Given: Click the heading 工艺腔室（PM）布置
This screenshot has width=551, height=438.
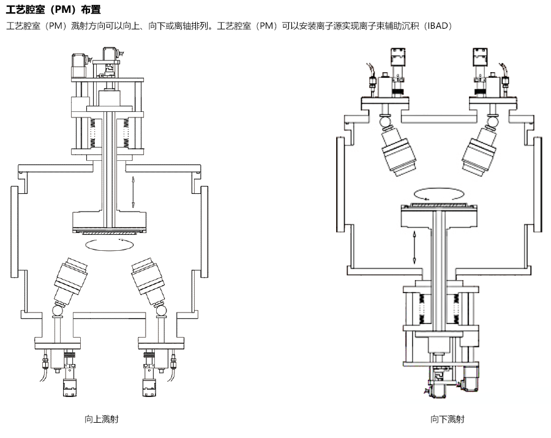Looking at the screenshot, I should click(54, 10).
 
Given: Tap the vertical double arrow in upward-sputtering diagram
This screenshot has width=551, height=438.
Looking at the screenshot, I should click(133, 192).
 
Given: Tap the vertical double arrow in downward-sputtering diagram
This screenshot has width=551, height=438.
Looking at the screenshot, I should click(414, 247).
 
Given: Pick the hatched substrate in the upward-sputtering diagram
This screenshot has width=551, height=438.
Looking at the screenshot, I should click(110, 232).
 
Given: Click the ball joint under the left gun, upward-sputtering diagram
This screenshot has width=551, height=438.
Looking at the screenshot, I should click(58, 310).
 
